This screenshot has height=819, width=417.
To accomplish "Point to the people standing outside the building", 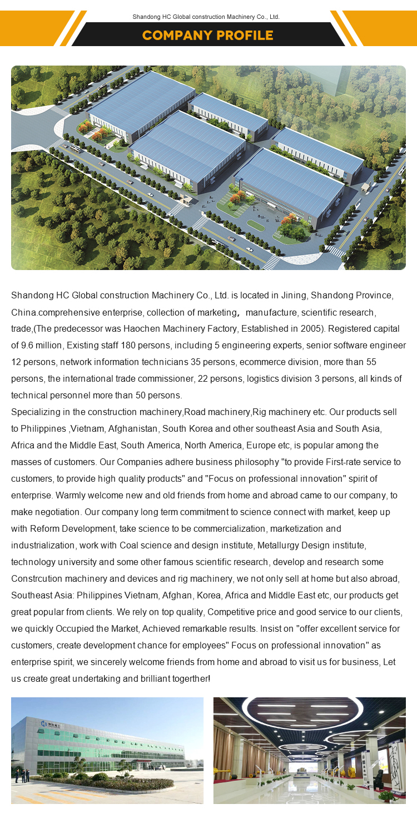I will [21, 776].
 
